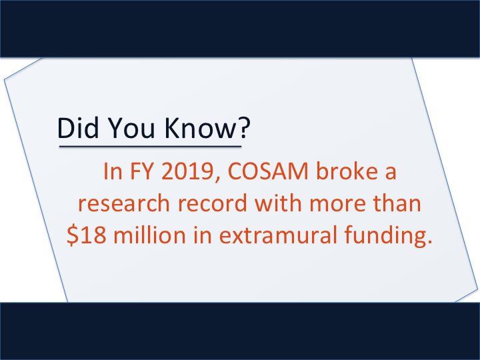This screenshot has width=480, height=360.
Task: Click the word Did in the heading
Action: point(78,127)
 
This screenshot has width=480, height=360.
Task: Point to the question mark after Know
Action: point(244,127)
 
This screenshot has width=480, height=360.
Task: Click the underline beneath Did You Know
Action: point(150,146)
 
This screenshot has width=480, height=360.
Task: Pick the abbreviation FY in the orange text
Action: point(141,171)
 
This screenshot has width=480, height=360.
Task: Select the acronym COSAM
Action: point(268,171)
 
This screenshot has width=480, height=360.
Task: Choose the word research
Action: point(124,203)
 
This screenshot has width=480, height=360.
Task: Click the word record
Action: point(212,203)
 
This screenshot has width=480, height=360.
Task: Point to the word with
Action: point(278,203)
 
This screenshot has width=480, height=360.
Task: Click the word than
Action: point(397,203)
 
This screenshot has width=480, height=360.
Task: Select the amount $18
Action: point(87,235)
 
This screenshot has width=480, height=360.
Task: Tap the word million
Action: point(149,234)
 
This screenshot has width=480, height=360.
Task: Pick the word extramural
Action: point(278,235)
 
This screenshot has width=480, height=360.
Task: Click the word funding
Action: point(385,236)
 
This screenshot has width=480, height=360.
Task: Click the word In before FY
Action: point(113,171)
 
